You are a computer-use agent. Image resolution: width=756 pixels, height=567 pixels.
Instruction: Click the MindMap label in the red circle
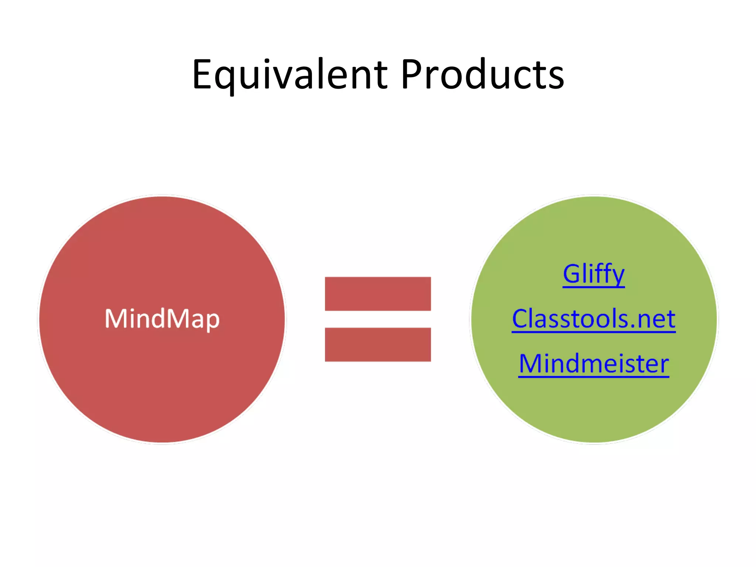162,319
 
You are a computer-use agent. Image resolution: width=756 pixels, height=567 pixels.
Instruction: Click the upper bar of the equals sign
378,294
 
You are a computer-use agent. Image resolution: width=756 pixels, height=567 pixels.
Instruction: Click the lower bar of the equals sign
378,344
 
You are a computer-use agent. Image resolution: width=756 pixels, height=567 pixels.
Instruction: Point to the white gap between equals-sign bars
378,319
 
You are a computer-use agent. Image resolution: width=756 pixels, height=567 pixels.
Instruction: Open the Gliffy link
594,274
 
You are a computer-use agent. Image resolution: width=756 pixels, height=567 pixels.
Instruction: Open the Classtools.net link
594,319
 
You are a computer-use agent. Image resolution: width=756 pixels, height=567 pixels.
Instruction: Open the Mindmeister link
594,364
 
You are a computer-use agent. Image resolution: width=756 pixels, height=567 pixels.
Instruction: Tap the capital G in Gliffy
572,274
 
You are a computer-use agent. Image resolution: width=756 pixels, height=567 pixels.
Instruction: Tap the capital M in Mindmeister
530,364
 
